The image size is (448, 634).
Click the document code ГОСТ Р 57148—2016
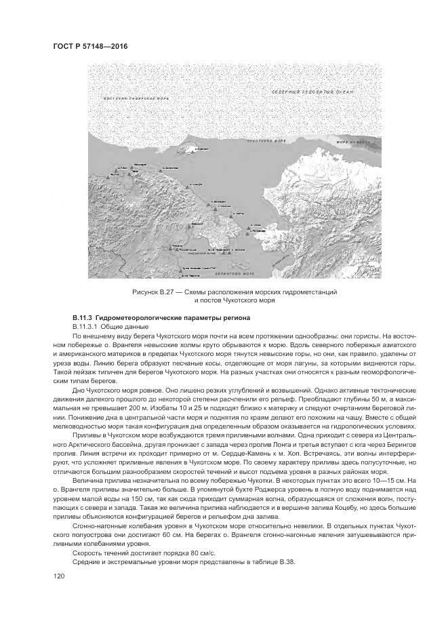(x=90, y=45)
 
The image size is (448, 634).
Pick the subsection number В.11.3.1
(x=87, y=327)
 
